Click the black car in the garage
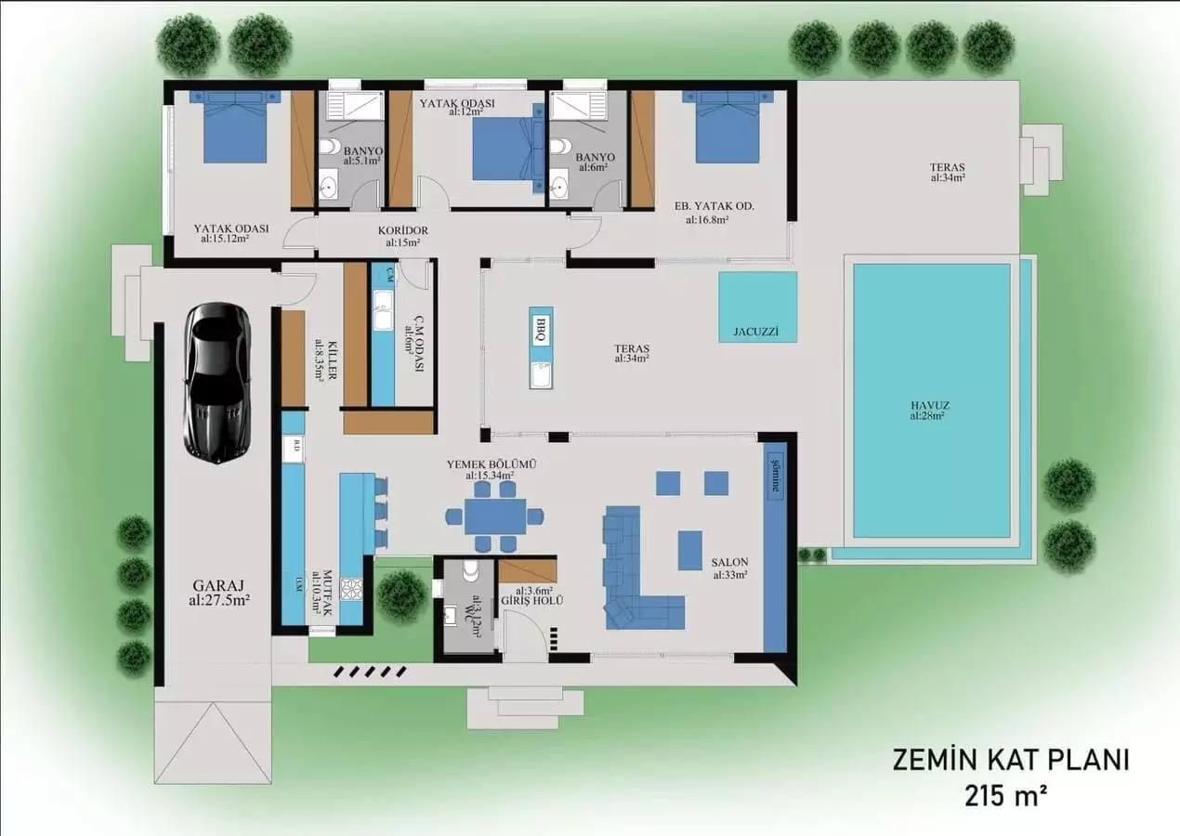pos(216,381)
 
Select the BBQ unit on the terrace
pos(541,331)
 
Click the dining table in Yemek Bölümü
pos(495,516)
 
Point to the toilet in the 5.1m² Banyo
pos(328,150)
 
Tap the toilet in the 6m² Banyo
pos(558,149)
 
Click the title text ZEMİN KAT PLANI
pos(1010,760)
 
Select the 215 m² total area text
pos(1010,796)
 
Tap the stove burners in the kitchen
pos(351,589)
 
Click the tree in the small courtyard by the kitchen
pos(402,594)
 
